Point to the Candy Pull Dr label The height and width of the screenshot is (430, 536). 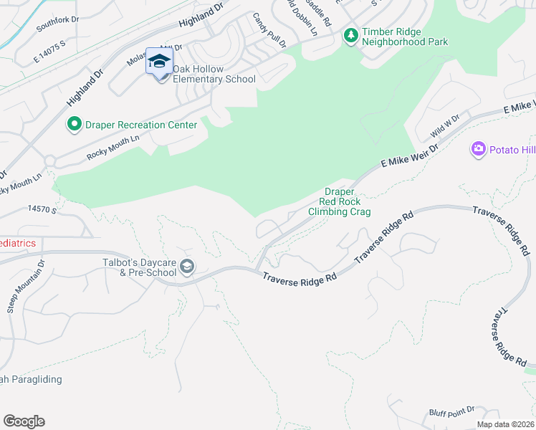coord(269,30)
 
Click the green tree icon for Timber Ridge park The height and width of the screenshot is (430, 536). coord(350,35)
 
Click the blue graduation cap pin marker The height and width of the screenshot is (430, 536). coord(158,62)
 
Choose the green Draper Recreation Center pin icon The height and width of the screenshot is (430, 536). coord(73,125)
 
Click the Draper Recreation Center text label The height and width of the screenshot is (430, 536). coord(141,125)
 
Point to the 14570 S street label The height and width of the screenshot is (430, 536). coord(42,209)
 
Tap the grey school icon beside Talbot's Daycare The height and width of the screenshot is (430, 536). coord(186,267)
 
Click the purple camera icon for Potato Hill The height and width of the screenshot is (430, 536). coord(479,149)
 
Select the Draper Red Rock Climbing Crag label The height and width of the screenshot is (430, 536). coord(340,201)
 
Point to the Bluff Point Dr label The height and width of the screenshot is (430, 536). coord(451,410)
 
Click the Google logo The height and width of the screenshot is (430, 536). coord(24,421)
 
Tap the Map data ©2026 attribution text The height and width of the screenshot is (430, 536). coord(505,424)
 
